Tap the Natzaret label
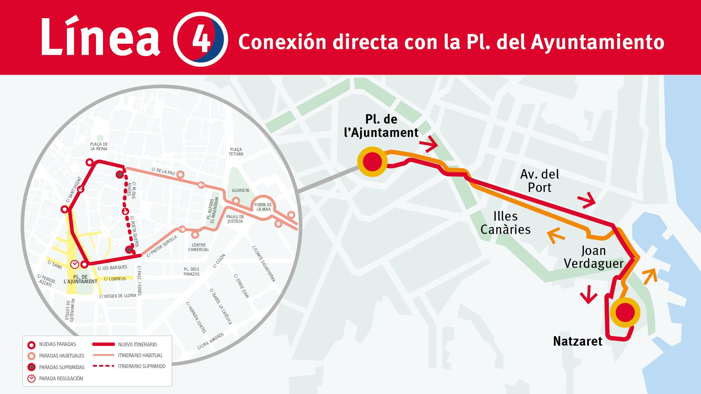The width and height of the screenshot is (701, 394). [578, 341]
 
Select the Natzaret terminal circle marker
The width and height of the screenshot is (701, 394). [625, 313]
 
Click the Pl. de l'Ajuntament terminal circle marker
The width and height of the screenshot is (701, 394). [372, 162]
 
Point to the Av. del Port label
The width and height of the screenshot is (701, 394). [540, 181]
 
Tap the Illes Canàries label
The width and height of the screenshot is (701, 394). [506, 223]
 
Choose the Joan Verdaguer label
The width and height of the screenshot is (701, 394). [593, 257]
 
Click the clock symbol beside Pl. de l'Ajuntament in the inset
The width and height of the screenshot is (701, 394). [75, 264]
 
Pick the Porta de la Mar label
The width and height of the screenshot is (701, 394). [263, 207]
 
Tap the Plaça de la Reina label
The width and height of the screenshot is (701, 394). [99, 146]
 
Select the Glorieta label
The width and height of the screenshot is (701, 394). [240, 191]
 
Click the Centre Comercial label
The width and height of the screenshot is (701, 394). [199, 247]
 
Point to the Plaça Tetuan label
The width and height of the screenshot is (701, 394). [236, 152]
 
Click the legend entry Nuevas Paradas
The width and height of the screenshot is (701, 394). [57, 345]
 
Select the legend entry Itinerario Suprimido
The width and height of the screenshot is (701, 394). [142, 366]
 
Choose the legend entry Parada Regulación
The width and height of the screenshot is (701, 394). [61, 379]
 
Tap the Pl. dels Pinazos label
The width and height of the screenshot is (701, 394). [191, 271]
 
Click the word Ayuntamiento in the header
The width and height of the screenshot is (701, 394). [597, 42]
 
